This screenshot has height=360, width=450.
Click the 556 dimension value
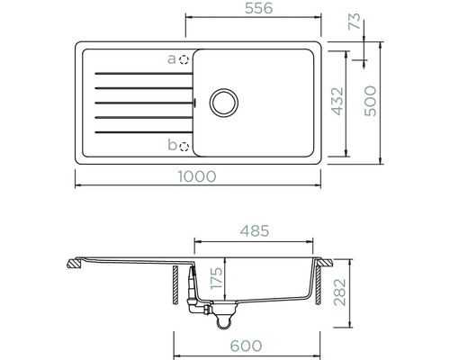[x=258, y=8]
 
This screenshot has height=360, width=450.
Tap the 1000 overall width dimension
[x=197, y=176]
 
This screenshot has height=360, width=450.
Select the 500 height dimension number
[x=370, y=101]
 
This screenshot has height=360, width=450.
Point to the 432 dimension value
[x=337, y=102]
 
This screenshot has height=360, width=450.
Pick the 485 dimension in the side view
[x=255, y=230]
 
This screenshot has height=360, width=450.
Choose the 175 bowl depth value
[x=216, y=278]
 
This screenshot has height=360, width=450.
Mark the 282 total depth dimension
[x=340, y=292]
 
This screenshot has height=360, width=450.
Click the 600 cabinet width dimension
[x=246, y=346]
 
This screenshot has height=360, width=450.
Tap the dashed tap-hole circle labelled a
[x=184, y=60]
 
